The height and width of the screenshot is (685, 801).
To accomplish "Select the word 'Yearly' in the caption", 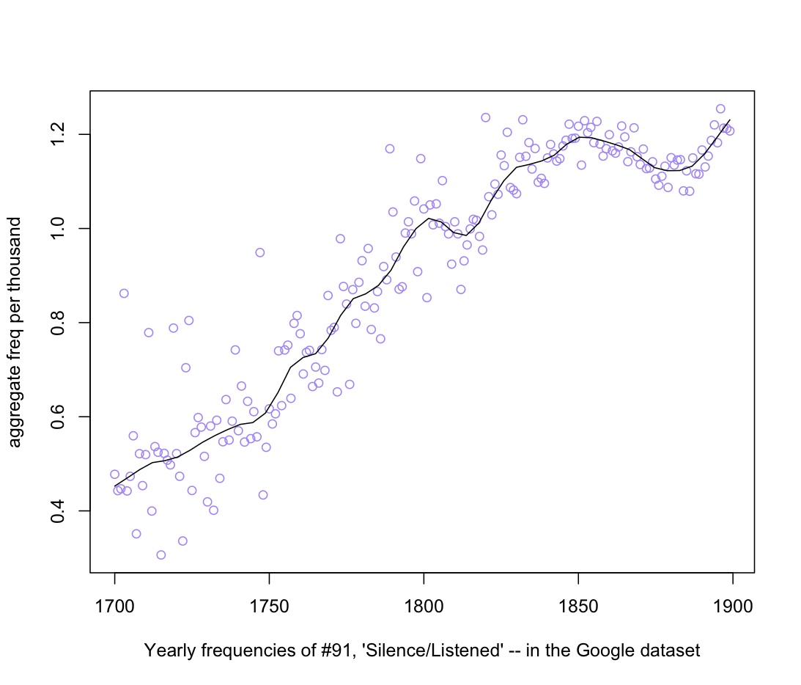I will coord(166,651).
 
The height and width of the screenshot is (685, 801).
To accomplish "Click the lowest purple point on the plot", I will coord(160,554).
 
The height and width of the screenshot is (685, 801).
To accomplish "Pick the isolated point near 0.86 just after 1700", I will coord(124,293).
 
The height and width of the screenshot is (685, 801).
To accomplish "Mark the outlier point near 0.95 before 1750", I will coord(259,252).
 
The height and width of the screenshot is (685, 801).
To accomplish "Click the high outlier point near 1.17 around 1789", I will coord(390,149).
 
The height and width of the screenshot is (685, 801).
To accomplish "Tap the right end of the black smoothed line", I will coord(730,120).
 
